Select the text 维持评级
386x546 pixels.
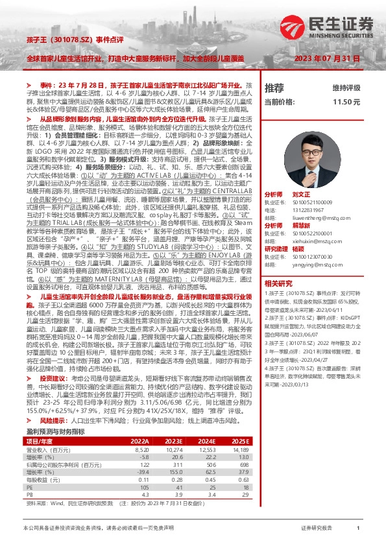pos(346,88)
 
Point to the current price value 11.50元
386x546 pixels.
pos(346,102)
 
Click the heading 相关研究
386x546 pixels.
pos(278,283)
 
